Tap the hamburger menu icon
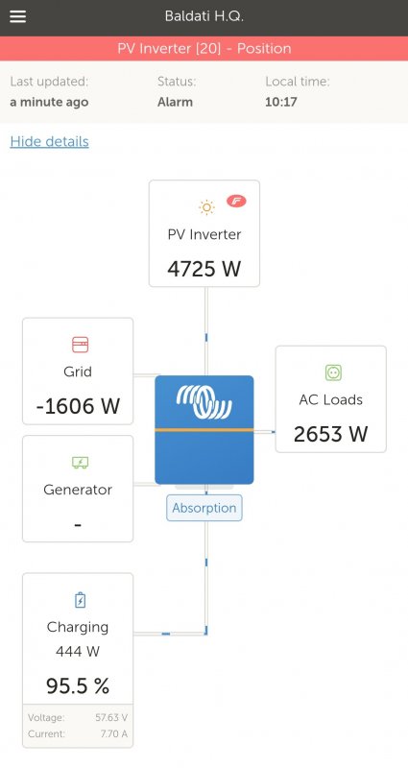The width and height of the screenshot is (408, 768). click(17, 16)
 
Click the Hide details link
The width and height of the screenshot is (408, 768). click(50, 141)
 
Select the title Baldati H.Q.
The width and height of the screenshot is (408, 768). click(204, 16)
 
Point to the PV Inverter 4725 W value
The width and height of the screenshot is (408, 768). click(204, 269)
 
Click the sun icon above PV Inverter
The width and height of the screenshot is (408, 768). click(206, 207)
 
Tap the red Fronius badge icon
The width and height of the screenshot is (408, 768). click(236, 201)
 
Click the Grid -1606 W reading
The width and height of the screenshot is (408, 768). click(78, 406)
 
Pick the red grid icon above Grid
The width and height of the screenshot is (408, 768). click(81, 345)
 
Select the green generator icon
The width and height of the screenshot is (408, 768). click(80, 463)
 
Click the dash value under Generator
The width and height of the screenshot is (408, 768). click(78, 525)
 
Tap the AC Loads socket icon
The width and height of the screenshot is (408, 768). click(333, 372)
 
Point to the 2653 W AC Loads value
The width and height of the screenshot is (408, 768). click(330, 434)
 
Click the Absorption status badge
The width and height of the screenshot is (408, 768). click(204, 508)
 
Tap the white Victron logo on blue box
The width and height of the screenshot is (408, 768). click(204, 401)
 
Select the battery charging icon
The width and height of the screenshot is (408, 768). click(80, 600)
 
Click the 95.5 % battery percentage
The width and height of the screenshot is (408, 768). click(78, 686)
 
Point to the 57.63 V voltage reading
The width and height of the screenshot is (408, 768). click(111, 717)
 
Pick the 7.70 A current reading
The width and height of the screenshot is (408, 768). click(114, 733)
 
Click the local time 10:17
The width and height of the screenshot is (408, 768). click(281, 102)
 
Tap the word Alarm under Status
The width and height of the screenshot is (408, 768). click(175, 102)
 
